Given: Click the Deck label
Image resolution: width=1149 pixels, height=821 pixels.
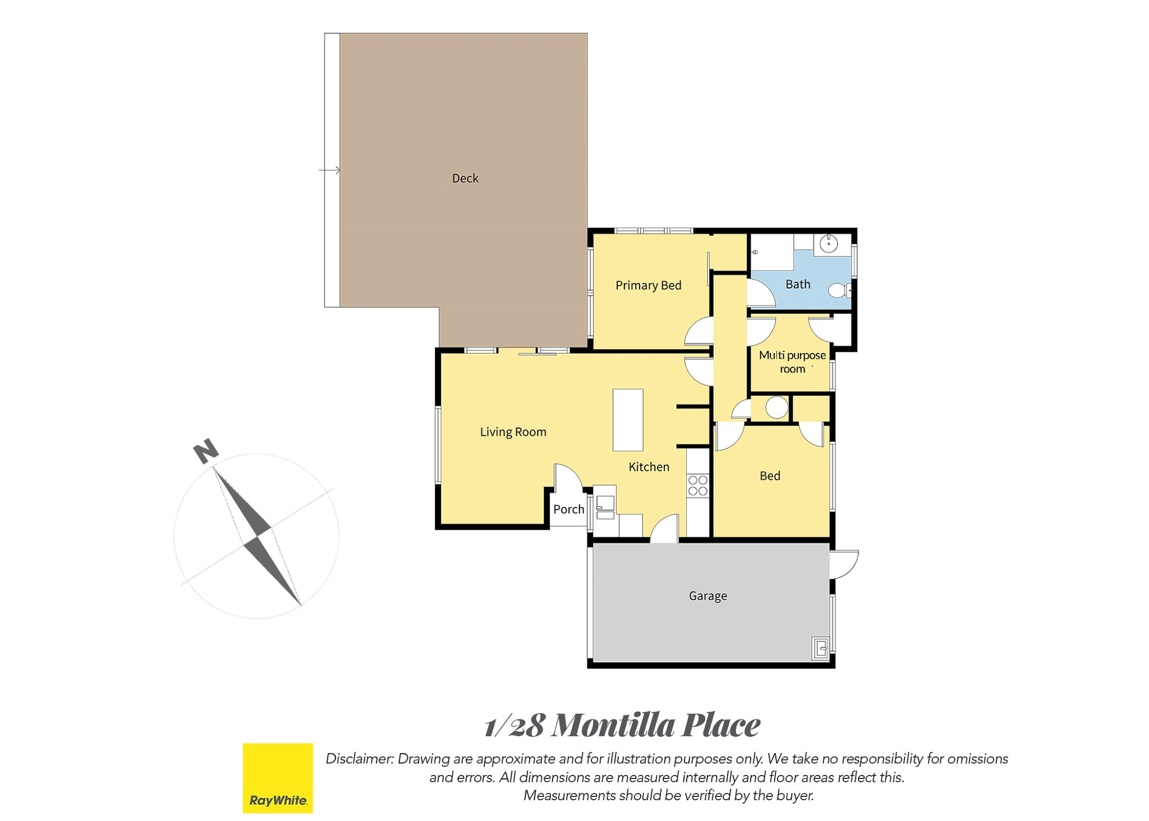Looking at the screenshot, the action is point(465,178).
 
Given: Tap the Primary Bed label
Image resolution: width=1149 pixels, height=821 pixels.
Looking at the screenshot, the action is point(648,285).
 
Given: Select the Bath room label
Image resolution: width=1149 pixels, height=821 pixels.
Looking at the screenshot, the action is point(798,285).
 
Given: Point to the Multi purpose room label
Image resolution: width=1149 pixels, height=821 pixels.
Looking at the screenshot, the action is point(792,362).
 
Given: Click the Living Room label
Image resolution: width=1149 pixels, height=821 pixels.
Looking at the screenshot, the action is point(513,432).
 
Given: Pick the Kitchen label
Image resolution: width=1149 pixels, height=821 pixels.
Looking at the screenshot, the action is point(649,467).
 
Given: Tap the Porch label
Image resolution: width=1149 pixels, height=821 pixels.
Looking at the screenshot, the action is point(568,509).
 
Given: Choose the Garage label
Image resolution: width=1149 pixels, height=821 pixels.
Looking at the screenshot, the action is point(707,596).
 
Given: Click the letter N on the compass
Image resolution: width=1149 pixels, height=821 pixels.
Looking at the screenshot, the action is point(206,451).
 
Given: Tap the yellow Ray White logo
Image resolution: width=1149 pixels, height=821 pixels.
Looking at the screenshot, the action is point(278,778).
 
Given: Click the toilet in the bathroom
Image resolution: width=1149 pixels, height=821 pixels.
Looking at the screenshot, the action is point(839,291).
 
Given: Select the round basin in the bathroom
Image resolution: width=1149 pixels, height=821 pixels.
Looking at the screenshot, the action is point(829,244).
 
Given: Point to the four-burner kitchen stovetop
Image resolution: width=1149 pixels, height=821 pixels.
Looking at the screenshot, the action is point(698,485).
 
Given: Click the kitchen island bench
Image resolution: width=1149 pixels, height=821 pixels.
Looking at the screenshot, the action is point(628,420).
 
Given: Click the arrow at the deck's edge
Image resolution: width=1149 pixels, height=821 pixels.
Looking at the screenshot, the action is point(329,170).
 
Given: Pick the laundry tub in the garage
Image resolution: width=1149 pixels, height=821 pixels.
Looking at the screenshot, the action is point(820,648).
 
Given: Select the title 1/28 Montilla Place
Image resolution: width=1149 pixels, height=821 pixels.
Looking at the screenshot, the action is point(622,724).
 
